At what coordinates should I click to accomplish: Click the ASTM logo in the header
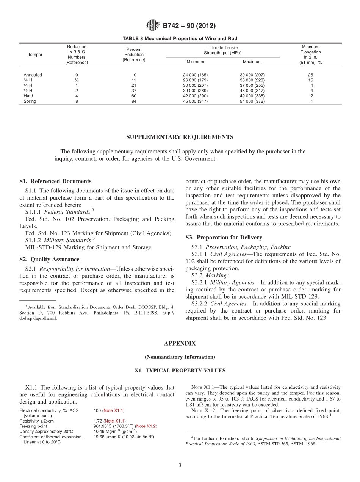[153, 26]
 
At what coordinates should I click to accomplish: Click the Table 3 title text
[180, 39]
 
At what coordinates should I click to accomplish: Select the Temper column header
[35, 55]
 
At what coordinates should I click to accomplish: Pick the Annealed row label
[33, 75]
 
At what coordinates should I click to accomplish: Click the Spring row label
[30, 101]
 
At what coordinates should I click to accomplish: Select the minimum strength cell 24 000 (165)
[195, 75]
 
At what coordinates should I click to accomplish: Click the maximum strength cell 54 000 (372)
[252, 101]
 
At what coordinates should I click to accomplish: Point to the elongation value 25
[311, 75]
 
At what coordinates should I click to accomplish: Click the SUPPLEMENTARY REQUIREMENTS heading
[180, 137]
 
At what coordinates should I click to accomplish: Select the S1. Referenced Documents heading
[55, 181]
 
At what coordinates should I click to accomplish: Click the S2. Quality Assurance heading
[49, 260]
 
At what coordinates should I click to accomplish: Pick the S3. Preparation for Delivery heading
[224, 238]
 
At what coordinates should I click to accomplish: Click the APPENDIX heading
[180, 343]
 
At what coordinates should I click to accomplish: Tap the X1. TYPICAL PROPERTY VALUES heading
[180, 371]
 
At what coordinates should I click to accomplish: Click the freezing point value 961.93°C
[103, 426]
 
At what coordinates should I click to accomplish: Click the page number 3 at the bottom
[180, 465]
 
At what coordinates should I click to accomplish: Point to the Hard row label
[28, 96]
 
